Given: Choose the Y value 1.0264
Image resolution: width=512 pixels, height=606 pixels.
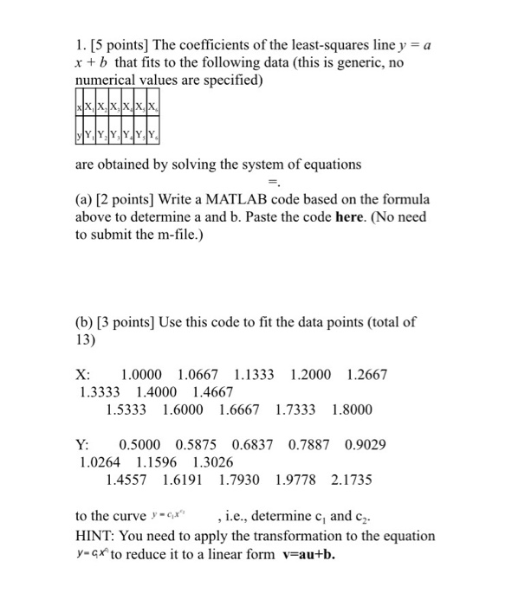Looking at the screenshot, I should click(x=100, y=461).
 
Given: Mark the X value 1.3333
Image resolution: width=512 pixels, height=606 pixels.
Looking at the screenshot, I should click(x=100, y=391).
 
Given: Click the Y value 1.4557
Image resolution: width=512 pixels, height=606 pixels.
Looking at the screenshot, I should click(x=127, y=479).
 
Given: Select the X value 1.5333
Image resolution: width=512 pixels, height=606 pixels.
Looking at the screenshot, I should click(x=127, y=409).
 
